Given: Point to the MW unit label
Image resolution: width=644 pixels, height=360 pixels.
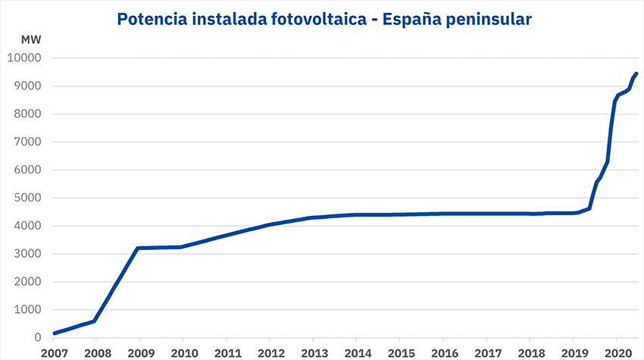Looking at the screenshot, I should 31,39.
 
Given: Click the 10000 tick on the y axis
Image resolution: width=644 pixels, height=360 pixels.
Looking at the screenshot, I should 25,58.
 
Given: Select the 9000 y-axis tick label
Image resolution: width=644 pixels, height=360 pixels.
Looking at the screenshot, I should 28,86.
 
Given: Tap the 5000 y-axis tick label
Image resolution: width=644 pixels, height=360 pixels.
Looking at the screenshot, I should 28,198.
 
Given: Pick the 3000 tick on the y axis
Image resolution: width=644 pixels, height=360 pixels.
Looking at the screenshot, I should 28,254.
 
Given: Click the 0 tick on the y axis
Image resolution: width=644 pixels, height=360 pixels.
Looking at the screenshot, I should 38,338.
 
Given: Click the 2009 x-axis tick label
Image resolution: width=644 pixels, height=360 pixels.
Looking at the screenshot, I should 139,352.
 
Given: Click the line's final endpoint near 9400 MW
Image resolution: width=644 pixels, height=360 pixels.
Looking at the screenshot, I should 636,74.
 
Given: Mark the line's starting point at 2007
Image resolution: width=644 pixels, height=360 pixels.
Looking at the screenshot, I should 54,333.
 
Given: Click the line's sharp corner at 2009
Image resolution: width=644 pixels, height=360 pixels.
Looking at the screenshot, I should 137,248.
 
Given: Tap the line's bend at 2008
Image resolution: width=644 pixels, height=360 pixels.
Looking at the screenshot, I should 94,321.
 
